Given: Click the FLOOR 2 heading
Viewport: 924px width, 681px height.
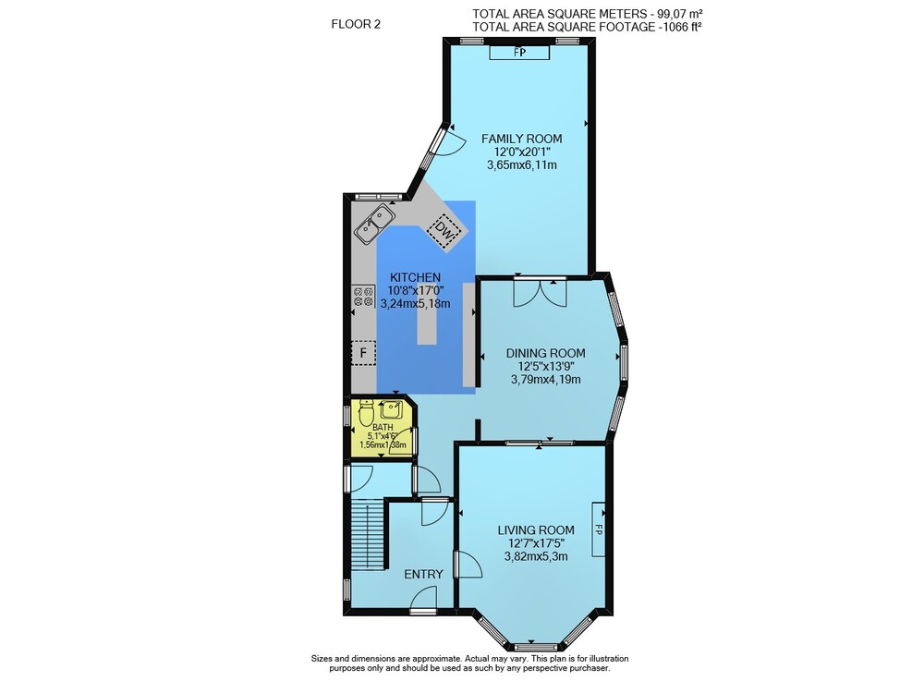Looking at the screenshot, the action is click(356, 24).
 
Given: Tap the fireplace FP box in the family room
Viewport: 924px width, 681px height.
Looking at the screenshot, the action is click(519, 53).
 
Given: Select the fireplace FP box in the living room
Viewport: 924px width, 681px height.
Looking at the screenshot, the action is click(598, 529).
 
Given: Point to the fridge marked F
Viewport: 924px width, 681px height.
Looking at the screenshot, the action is click(363, 353).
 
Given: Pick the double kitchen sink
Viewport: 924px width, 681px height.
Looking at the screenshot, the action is click(375, 224).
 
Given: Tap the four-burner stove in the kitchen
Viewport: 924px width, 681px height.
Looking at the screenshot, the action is click(363, 297).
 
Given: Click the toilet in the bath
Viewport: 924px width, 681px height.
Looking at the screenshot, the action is click(366, 414).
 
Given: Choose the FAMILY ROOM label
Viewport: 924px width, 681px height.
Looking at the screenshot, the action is click(521, 139).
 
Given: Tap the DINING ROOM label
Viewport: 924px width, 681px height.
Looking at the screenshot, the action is click(546, 353).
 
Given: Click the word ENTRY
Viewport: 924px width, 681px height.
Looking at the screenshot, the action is click(423, 574).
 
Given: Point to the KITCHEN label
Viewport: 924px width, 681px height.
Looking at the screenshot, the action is click(415, 277).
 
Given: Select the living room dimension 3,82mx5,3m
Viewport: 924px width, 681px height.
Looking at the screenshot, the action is click(536, 555).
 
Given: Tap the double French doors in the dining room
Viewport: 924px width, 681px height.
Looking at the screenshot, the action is click(540, 292).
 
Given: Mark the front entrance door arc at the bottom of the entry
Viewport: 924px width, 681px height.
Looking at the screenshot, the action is click(423, 602).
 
